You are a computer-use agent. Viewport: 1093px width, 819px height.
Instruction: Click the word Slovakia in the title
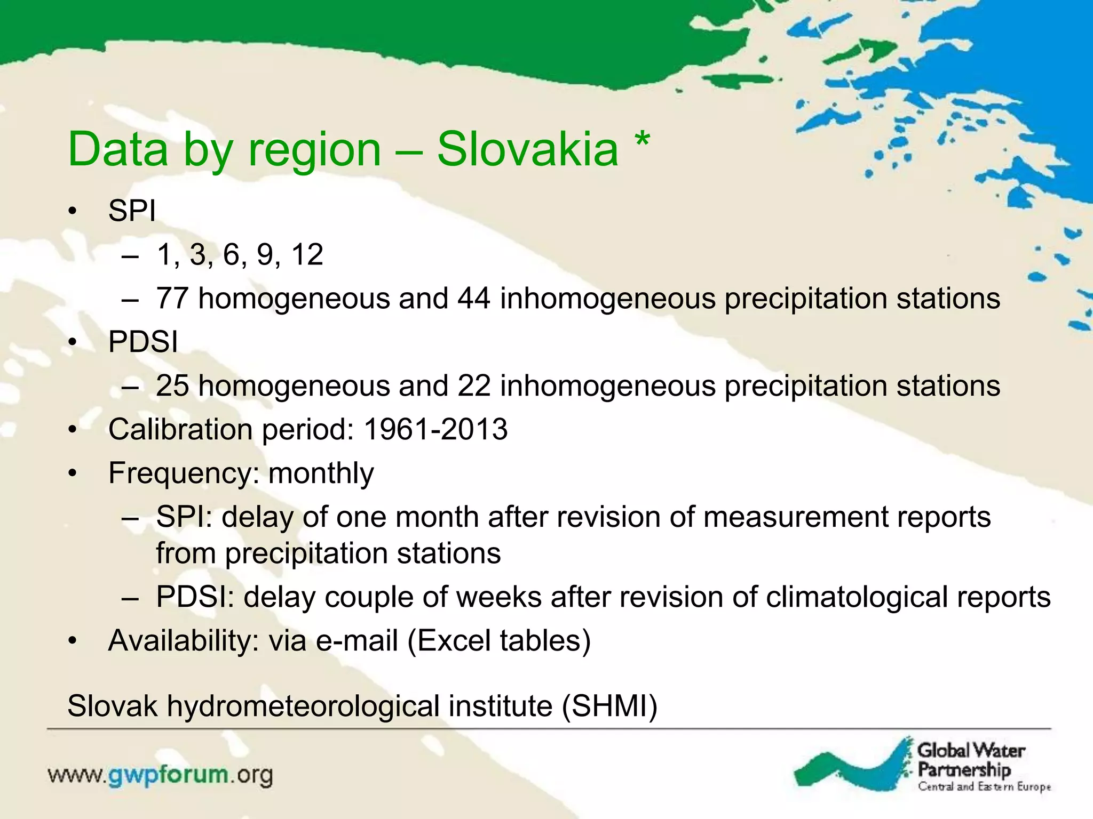[x=527, y=149]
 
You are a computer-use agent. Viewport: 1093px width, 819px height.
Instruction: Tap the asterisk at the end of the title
[x=642, y=141]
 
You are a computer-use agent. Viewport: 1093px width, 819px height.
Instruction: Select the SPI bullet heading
[x=132, y=211]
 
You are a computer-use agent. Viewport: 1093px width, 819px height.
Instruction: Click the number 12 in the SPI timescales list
[x=307, y=254]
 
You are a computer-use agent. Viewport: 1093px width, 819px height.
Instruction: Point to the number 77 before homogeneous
[x=172, y=298]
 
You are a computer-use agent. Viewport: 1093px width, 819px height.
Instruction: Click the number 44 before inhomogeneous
[x=473, y=298]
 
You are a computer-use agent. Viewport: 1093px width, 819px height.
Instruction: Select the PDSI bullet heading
[x=142, y=342]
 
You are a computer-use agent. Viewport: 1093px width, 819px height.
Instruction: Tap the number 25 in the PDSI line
[x=172, y=386]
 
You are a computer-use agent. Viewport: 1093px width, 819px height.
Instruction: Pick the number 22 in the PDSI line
[x=473, y=386]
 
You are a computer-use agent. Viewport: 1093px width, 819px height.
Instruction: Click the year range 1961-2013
[x=435, y=429]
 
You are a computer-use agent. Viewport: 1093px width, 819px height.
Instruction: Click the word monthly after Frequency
[x=321, y=473]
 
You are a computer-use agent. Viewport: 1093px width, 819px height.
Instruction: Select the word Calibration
[x=180, y=429]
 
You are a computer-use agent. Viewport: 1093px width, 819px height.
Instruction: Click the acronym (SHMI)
[x=609, y=706]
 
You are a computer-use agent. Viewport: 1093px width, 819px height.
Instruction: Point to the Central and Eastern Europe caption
[x=984, y=786]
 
